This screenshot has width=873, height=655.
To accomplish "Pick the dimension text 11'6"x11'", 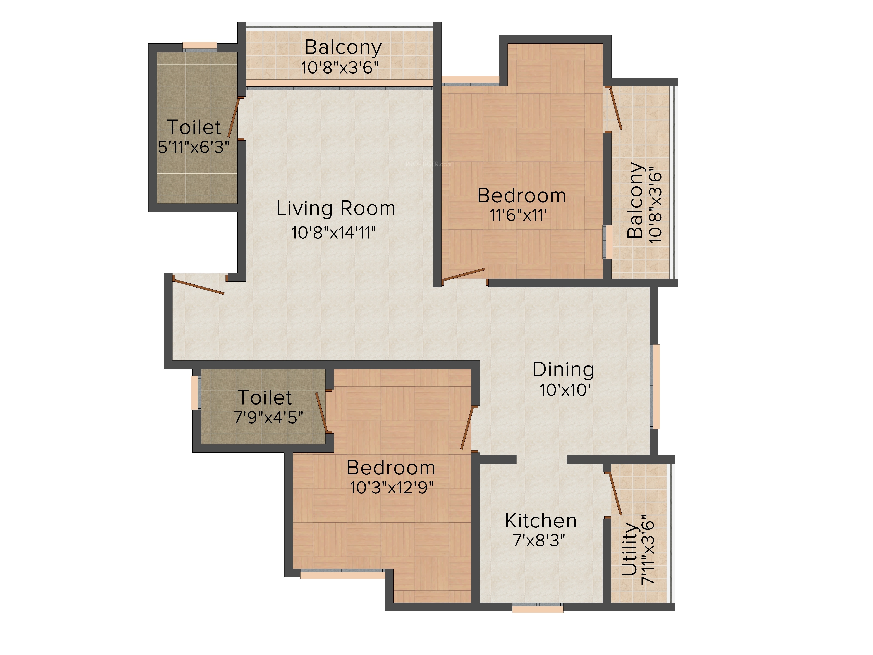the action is coord(518,215).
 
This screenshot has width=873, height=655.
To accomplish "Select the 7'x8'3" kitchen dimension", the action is coord(539,540).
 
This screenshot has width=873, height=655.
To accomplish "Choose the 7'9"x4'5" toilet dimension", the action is coord(268,417).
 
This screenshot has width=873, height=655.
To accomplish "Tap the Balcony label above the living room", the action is coord(343,48).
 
